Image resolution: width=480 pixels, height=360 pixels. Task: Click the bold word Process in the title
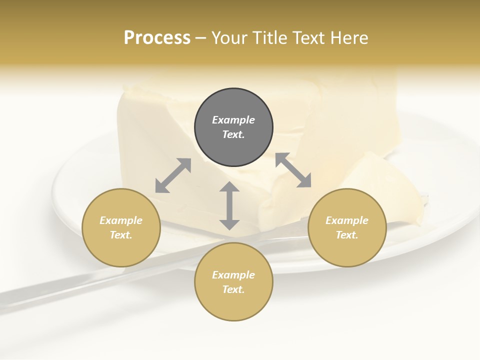click(157, 37)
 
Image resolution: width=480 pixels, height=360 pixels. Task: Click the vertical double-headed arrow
click(229, 205)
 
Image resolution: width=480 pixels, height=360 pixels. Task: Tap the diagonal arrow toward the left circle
click(173, 175)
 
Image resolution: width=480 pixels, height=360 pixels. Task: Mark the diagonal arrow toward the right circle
click(293, 170)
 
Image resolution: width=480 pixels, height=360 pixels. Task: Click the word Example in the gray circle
click(233, 120)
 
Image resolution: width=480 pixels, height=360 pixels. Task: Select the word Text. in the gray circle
click(233, 134)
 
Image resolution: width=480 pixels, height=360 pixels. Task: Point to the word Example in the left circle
click(121, 220)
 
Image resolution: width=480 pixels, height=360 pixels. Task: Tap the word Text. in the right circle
click(347, 235)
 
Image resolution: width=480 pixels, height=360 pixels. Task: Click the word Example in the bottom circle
click(233, 275)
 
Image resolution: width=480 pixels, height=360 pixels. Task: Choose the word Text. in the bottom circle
click(233, 289)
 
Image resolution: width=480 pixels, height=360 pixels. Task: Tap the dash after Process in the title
click(200, 38)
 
